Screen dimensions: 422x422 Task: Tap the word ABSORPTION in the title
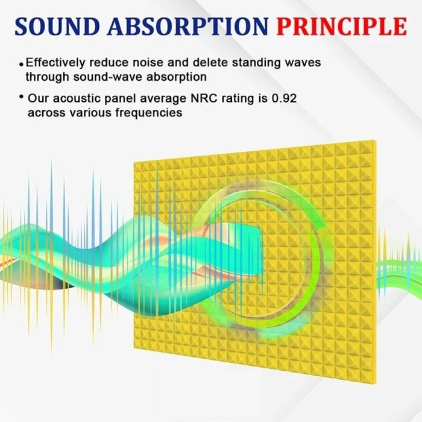pos(194,27)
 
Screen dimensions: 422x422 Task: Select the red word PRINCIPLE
pos(341,27)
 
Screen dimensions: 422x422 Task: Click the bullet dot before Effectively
pos(21,64)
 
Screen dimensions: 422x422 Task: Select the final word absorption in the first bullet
pos(180,77)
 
